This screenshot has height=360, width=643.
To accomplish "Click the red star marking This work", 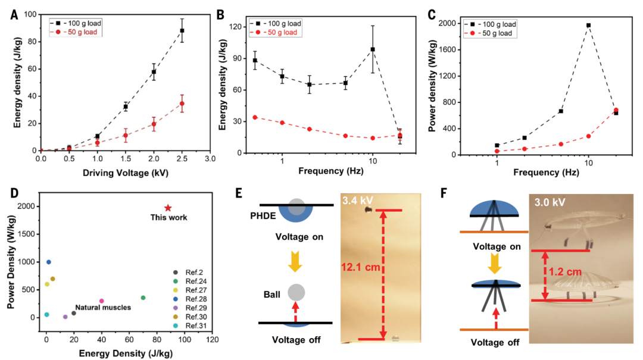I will pyautogui.click(x=168, y=208).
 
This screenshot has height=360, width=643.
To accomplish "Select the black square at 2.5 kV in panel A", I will pyautogui.click(x=182, y=30).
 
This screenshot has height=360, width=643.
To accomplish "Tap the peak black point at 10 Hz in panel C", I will pyautogui.click(x=588, y=25).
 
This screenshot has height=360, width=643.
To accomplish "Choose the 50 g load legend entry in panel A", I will pyautogui.click(x=78, y=32).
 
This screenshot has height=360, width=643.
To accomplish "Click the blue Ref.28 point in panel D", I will pyautogui.click(x=49, y=262).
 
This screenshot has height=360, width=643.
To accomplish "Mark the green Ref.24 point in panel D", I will pyautogui.click(x=143, y=298).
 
